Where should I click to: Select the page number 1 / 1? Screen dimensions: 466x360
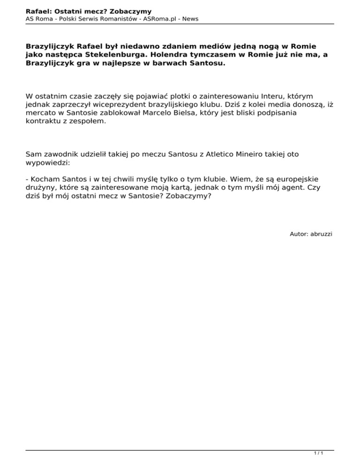318,453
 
